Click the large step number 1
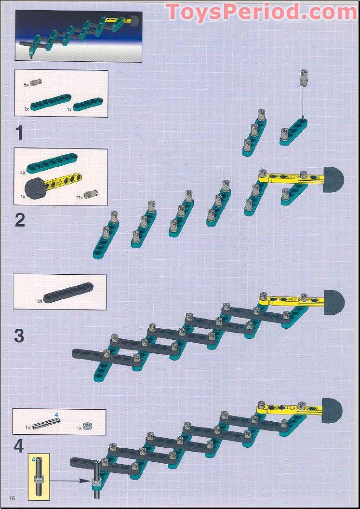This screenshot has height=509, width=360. [19, 134]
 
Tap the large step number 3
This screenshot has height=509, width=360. [19, 335]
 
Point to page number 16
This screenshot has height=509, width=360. [13, 498]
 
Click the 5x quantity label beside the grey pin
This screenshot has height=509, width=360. [27, 84]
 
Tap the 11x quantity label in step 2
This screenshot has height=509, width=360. [79, 197]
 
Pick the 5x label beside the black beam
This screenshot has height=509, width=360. [40, 301]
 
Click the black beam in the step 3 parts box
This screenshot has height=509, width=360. [68, 293]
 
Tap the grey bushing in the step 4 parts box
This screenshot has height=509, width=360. [87, 426]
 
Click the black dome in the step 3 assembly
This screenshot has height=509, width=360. [334, 302]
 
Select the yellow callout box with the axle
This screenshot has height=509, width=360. [39, 477]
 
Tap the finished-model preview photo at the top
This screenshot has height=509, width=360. [79, 36]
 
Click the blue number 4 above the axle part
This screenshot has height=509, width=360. [56, 415]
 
